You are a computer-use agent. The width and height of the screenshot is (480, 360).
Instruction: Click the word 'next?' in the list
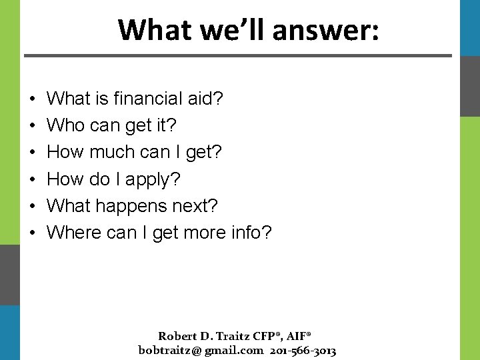193,206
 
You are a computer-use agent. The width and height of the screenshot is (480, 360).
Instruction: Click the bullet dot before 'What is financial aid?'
33,99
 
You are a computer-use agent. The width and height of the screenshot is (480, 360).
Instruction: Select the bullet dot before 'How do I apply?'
33,180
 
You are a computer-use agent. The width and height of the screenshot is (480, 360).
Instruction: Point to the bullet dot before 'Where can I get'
33,233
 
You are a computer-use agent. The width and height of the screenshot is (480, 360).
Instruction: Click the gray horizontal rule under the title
237,55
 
